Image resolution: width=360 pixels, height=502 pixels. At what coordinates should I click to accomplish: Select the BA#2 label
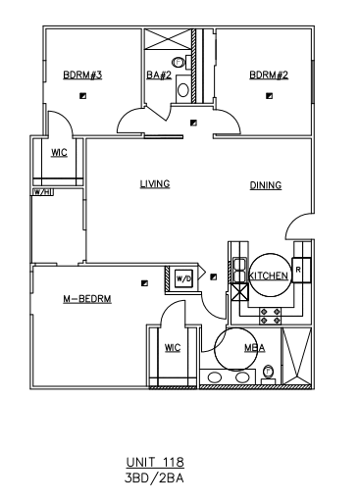tap(159, 75)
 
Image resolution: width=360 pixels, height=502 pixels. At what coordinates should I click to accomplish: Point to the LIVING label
tap(155, 183)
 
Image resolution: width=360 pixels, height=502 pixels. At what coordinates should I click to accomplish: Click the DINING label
tap(265, 184)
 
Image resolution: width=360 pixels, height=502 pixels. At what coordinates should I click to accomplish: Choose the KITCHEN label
tap(268, 276)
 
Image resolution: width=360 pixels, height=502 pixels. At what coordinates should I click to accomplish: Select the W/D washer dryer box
tap(183, 279)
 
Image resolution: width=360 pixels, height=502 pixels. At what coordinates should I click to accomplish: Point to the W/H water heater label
tap(41, 192)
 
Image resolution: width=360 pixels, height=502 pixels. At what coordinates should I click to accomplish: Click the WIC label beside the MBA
tap(172, 347)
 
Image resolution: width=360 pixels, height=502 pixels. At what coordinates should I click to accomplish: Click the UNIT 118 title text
tap(155, 461)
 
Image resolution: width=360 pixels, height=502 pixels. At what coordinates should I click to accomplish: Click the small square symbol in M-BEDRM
tap(144, 282)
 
